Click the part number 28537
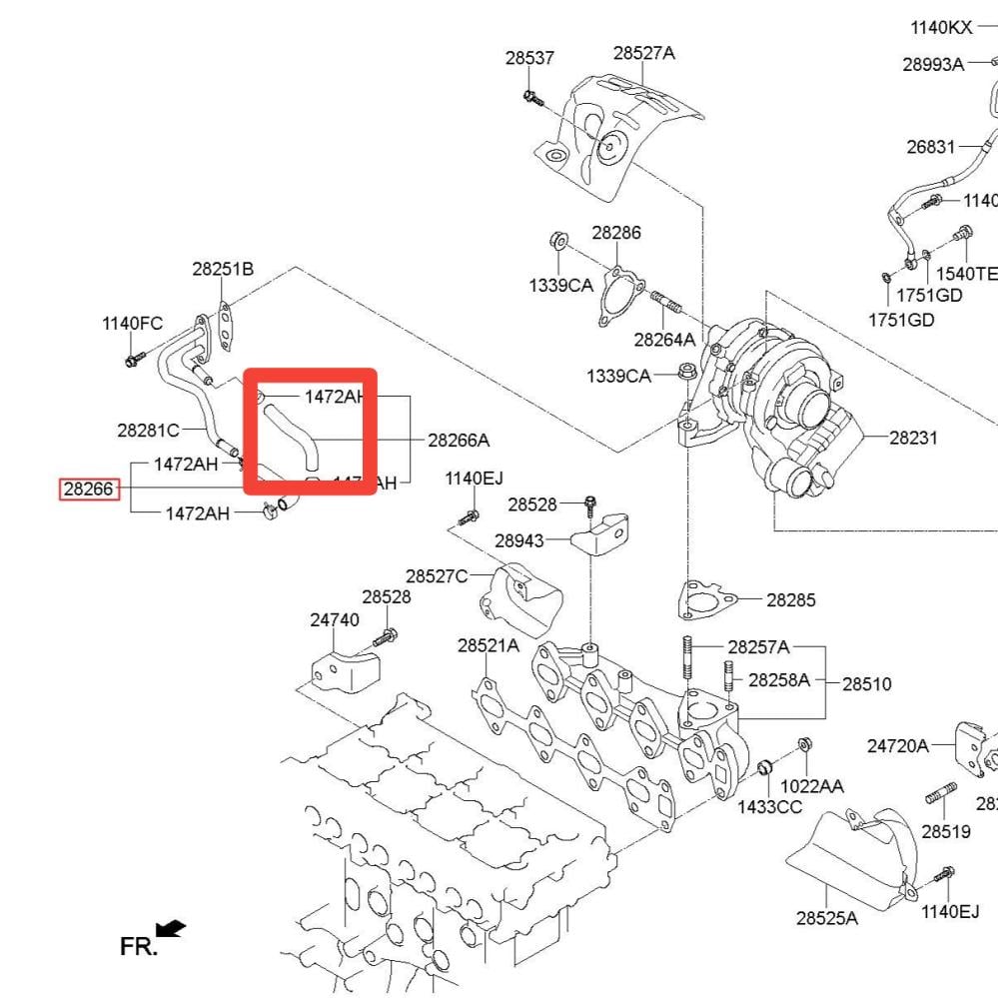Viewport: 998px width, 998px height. point(529,58)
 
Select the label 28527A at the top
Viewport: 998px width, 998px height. point(643,53)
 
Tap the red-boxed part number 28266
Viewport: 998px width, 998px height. point(90,490)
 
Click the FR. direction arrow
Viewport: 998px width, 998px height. point(171,930)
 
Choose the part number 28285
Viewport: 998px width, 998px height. point(791,600)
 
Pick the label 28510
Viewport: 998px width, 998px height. point(866,684)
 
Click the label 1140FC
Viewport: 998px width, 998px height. point(132,323)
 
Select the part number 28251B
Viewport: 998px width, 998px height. point(223,269)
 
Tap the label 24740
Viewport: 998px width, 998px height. point(334,619)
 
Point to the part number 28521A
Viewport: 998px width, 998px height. point(489,646)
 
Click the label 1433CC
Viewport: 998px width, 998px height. point(769,806)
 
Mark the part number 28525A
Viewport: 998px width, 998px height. point(826,917)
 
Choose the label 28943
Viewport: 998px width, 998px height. point(519,540)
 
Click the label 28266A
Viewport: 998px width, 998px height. point(459,440)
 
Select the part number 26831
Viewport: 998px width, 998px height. point(931,147)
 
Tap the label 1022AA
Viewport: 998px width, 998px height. point(811,786)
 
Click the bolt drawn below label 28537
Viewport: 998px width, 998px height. point(530,98)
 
